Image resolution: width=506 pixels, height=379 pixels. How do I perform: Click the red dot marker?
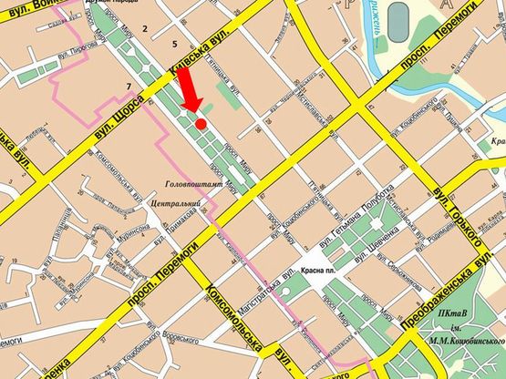tap(200, 122)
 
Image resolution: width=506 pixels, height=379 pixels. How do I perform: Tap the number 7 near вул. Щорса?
tap(129, 87)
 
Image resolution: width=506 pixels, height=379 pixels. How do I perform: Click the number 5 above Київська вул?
tap(173, 44)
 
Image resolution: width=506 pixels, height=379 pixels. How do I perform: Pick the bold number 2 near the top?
tap(144, 30)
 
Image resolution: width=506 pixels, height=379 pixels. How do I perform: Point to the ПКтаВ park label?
tap(453, 315)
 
